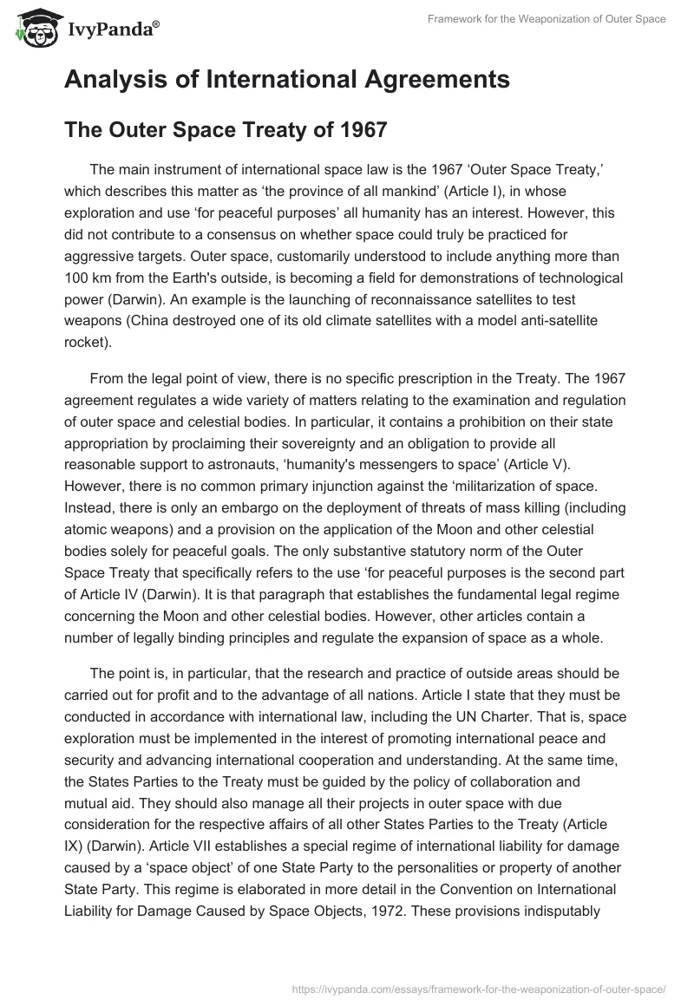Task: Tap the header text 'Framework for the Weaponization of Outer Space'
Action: [x=547, y=19]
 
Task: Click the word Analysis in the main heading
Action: [x=117, y=80]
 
